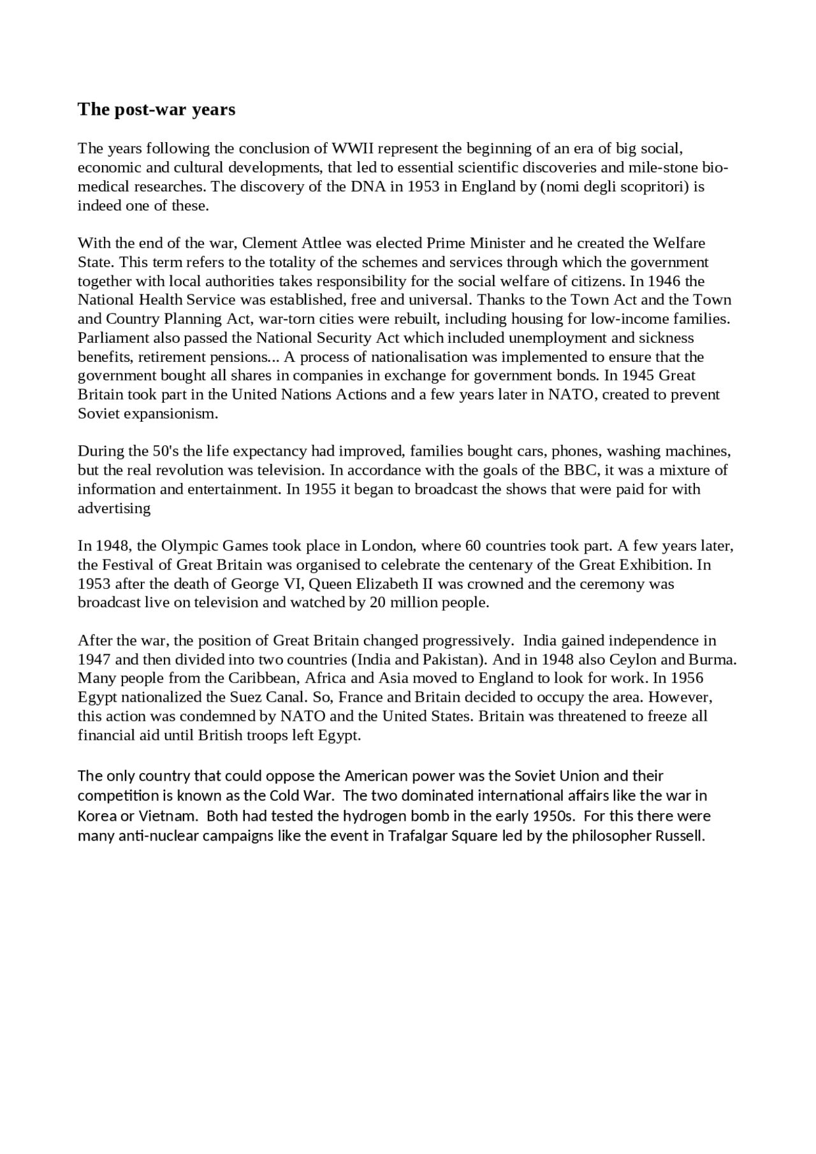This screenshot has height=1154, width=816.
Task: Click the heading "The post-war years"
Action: (x=156, y=110)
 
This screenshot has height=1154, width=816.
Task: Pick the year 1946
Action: (x=666, y=281)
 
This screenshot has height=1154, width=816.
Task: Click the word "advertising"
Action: (x=114, y=508)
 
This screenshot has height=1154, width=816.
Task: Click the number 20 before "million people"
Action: (x=377, y=603)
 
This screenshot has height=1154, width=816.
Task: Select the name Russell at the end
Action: (x=680, y=836)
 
